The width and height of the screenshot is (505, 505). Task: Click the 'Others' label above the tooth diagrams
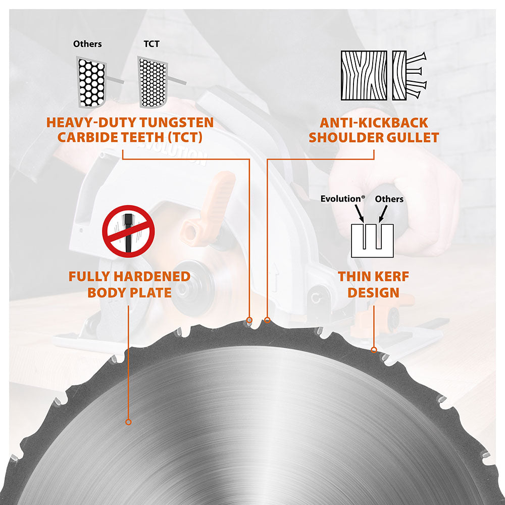[x=87, y=44]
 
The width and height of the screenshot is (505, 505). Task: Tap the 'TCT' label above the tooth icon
[x=151, y=44]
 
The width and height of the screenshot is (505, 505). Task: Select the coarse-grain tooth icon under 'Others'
[x=92, y=82]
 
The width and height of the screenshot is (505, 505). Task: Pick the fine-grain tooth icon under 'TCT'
[x=152, y=82]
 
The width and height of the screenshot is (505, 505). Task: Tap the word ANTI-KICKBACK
[x=374, y=123]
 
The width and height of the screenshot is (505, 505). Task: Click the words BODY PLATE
[x=129, y=292]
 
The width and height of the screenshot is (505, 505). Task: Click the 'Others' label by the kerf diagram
[x=389, y=199]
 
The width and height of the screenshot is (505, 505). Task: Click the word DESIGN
[x=374, y=292]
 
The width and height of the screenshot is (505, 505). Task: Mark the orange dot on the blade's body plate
[x=128, y=422]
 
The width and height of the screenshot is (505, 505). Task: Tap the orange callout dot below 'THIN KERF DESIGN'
[x=374, y=349]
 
